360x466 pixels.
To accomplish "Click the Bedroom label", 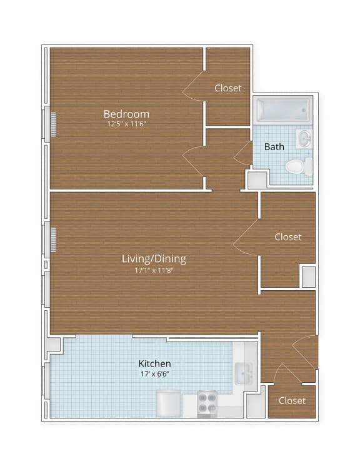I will click(126, 114).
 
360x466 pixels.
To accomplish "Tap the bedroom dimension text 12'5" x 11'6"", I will click(126, 124).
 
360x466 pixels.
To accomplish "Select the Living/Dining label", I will click(154, 258).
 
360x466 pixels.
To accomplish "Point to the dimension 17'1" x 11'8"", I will click(154, 270).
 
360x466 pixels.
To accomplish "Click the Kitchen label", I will click(154, 363).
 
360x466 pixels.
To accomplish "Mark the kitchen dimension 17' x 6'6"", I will click(154, 373).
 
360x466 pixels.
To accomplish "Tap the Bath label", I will click(274, 147).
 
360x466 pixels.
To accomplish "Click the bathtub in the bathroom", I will click(284, 110).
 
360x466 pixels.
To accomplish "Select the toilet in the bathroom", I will click(298, 166).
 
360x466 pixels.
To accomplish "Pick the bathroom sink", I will click(304, 139).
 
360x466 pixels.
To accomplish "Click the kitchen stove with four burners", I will click(207, 403).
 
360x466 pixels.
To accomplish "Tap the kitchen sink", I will click(242, 375).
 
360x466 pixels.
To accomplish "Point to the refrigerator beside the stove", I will click(169, 403).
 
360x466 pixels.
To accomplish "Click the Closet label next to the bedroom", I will click(227, 88).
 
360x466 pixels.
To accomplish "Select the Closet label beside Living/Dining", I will click(287, 237).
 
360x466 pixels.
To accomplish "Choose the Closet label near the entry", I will click(292, 400).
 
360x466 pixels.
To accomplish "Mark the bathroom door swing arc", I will click(242, 154).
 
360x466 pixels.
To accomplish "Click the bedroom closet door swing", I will click(194, 88).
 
